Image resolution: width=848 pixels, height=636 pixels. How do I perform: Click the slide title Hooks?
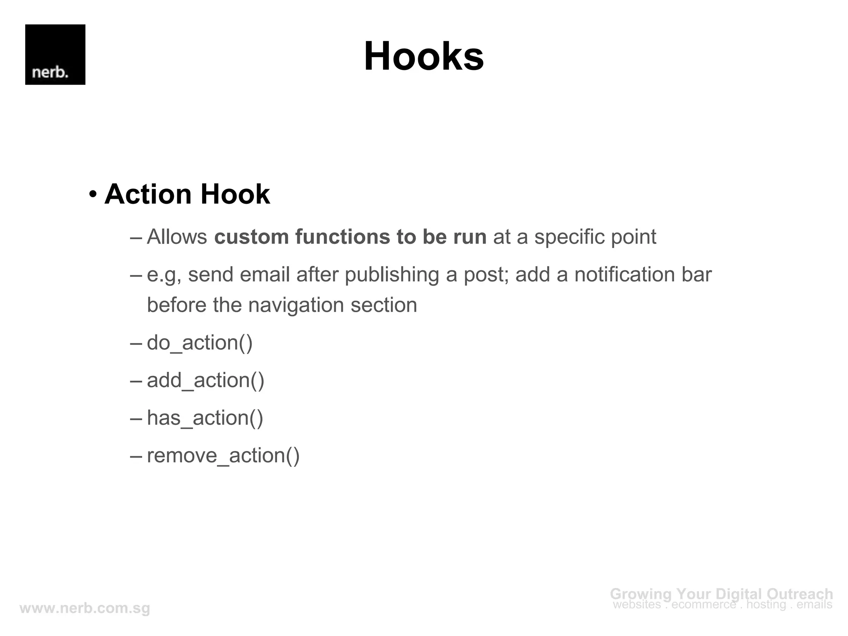pyautogui.click(x=424, y=56)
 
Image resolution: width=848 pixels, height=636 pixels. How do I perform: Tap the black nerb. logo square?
pyautogui.click(x=55, y=55)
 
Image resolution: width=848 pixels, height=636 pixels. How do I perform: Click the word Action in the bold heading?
pyautogui.click(x=148, y=194)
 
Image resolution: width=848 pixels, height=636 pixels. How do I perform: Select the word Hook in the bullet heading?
pyautogui.click(x=235, y=194)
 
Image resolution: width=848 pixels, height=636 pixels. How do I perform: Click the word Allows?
pyautogui.click(x=177, y=237)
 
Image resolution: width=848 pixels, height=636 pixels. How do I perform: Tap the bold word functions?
pyautogui.click(x=342, y=237)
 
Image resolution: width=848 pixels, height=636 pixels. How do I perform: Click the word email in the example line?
pyautogui.click(x=265, y=275)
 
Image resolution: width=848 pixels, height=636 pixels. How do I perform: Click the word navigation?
pyautogui.click(x=296, y=306)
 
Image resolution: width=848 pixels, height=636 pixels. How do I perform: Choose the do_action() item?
pyautogui.click(x=200, y=343)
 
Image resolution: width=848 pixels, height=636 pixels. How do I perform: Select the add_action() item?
pyautogui.click(x=205, y=381)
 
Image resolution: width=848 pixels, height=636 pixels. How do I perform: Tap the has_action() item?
pyautogui.click(x=205, y=418)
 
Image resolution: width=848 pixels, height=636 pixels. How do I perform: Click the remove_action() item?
pyautogui.click(x=223, y=455)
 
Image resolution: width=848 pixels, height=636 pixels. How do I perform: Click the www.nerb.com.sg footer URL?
pyautogui.click(x=85, y=608)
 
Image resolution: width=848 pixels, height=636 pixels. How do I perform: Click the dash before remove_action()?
pyautogui.click(x=136, y=455)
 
